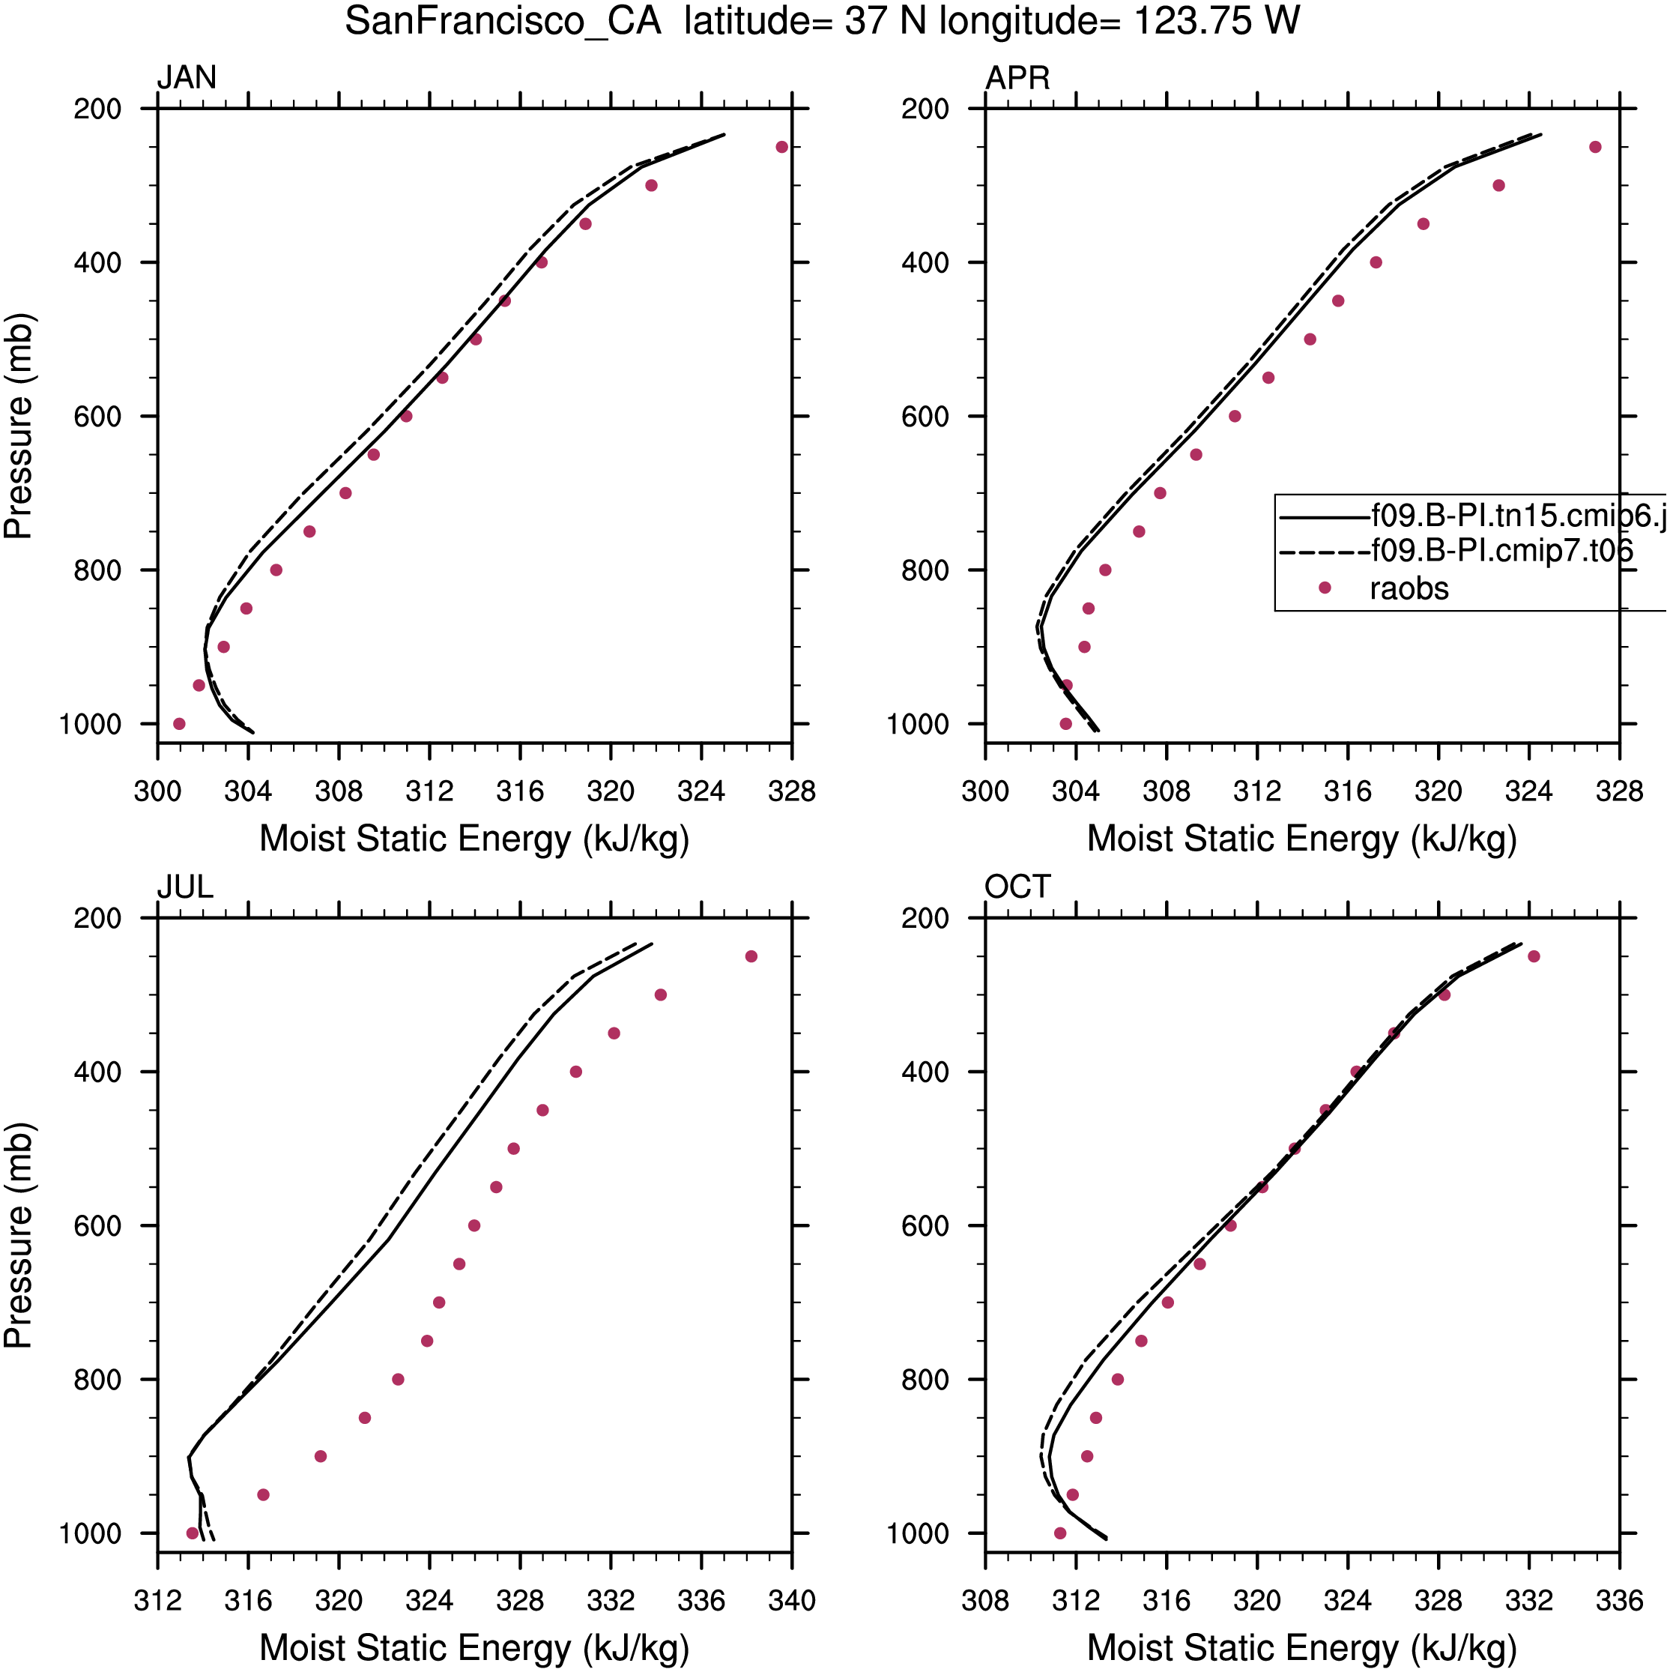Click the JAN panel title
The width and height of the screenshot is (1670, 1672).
[x=186, y=78]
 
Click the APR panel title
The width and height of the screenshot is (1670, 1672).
[x=1017, y=78]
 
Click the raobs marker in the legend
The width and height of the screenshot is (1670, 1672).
[x=1324, y=588]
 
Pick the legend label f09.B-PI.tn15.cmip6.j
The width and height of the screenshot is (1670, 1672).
[x=1519, y=516]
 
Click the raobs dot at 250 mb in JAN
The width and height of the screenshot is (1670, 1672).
[x=781, y=147]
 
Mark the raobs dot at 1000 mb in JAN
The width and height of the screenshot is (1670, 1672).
[x=179, y=723]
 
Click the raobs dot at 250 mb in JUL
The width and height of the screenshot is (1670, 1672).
[x=751, y=956]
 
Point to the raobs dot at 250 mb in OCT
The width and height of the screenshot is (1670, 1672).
[x=1534, y=956]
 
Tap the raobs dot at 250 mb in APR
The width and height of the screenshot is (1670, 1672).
[x=1595, y=147]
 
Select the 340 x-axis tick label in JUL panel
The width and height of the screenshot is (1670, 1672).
[x=792, y=1601]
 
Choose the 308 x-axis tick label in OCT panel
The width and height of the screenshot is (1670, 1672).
[x=984, y=1601]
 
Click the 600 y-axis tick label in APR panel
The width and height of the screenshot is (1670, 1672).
[x=925, y=416]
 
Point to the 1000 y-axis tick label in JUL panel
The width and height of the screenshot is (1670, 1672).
[x=90, y=1533]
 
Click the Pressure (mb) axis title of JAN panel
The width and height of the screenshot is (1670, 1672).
[x=18, y=426]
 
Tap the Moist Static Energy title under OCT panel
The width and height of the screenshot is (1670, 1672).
[x=1301, y=1649]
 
